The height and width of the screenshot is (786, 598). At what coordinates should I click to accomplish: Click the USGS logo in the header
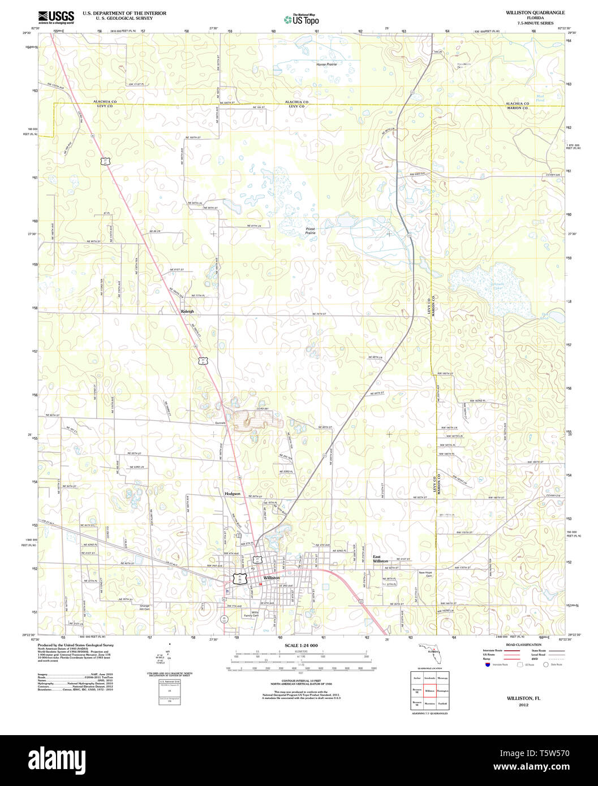pyautogui.click(x=56, y=17)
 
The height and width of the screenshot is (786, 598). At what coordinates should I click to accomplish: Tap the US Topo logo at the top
pyautogui.click(x=302, y=19)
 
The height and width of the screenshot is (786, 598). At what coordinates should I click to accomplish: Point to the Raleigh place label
pyautogui.click(x=187, y=311)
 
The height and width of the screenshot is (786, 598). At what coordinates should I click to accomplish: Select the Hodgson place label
pyautogui.click(x=233, y=494)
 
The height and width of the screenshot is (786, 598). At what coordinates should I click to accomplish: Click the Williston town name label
pyautogui.click(x=272, y=578)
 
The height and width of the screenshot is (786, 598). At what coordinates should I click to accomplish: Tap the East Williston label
pyautogui.click(x=380, y=559)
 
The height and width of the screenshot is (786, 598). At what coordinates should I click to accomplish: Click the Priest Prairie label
pyautogui.click(x=311, y=231)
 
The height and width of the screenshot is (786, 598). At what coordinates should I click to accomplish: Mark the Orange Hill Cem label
pyautogui.click(x=144, y=607)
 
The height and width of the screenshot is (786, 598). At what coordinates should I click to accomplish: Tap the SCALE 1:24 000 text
pyautogui.click(x=301, y=645)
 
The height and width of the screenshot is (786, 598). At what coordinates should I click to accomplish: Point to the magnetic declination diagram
pyautogui.click(x=169, y=659)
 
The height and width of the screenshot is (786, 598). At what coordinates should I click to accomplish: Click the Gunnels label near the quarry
pyautogui.click(x=220, y=422)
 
